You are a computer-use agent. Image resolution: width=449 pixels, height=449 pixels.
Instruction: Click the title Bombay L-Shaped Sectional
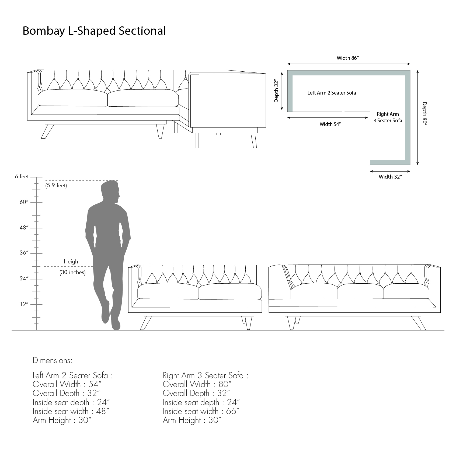[94, 31]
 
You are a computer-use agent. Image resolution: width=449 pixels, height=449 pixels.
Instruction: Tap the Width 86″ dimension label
[348, 58]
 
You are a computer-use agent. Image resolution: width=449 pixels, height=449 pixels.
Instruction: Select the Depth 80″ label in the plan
[425, 113]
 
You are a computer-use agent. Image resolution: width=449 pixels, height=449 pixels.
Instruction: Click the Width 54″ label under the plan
[330, 124]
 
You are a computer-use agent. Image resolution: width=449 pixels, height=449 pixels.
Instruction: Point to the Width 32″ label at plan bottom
[390, 177]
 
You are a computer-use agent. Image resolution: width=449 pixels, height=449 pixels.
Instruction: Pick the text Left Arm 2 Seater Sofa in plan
[332, 93]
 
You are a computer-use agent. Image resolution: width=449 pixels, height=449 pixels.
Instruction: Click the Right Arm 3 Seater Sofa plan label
[388, 117]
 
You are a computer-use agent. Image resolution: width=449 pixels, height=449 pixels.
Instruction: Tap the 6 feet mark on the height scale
[22, 176]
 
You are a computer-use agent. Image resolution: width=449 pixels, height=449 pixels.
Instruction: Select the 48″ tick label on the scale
[24, 228]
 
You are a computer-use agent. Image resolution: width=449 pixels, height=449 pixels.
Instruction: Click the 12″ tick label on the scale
[24, 304]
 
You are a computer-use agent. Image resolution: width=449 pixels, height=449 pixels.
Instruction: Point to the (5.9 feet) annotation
[56, 185]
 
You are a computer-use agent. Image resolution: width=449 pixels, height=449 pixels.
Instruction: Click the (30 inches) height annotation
[72, 272]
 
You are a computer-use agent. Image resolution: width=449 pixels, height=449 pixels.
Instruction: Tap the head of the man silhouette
[110, 191]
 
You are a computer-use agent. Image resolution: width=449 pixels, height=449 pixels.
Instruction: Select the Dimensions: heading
[53, 360]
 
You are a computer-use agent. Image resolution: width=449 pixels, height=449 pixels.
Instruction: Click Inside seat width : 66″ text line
[201, 411]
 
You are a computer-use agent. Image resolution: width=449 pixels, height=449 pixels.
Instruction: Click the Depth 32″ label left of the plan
[276, 91]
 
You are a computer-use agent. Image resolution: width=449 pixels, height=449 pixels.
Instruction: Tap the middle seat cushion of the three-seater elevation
[361, 292]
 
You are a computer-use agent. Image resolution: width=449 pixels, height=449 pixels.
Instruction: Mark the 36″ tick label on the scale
[24, 253]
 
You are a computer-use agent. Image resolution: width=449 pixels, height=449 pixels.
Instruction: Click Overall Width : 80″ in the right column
[197, 384]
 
